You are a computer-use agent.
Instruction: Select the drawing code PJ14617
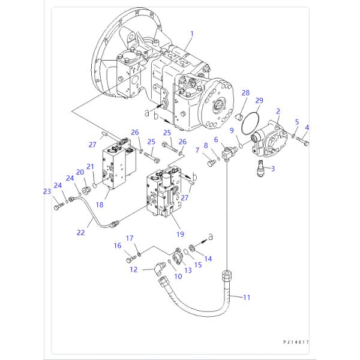(296, 342)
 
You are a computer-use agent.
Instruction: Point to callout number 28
(245, 93)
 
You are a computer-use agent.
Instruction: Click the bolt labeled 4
(305, 143)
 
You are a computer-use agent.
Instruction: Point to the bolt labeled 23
(58, 206)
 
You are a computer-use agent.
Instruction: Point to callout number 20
(79, 172)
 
